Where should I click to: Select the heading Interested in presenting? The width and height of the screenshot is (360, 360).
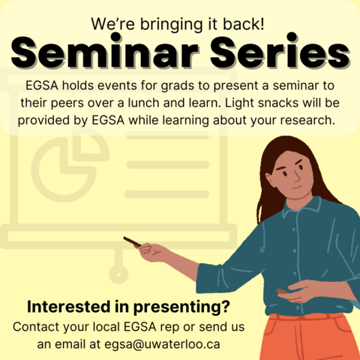coord(128,307)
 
